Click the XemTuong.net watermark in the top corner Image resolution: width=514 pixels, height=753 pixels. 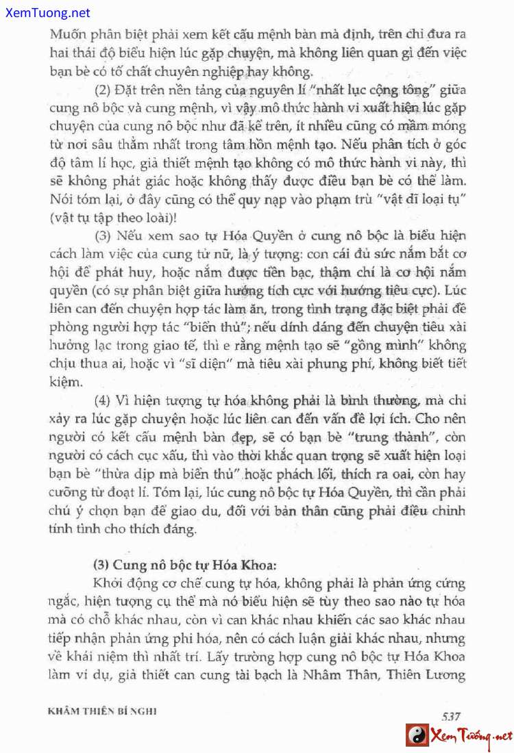click(x=46, y=13)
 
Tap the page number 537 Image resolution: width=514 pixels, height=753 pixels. click(x=450, y=716)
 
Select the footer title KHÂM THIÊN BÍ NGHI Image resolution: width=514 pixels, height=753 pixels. click(x=103, y=711)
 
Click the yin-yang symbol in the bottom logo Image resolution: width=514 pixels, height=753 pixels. click(x=416, y=736)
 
